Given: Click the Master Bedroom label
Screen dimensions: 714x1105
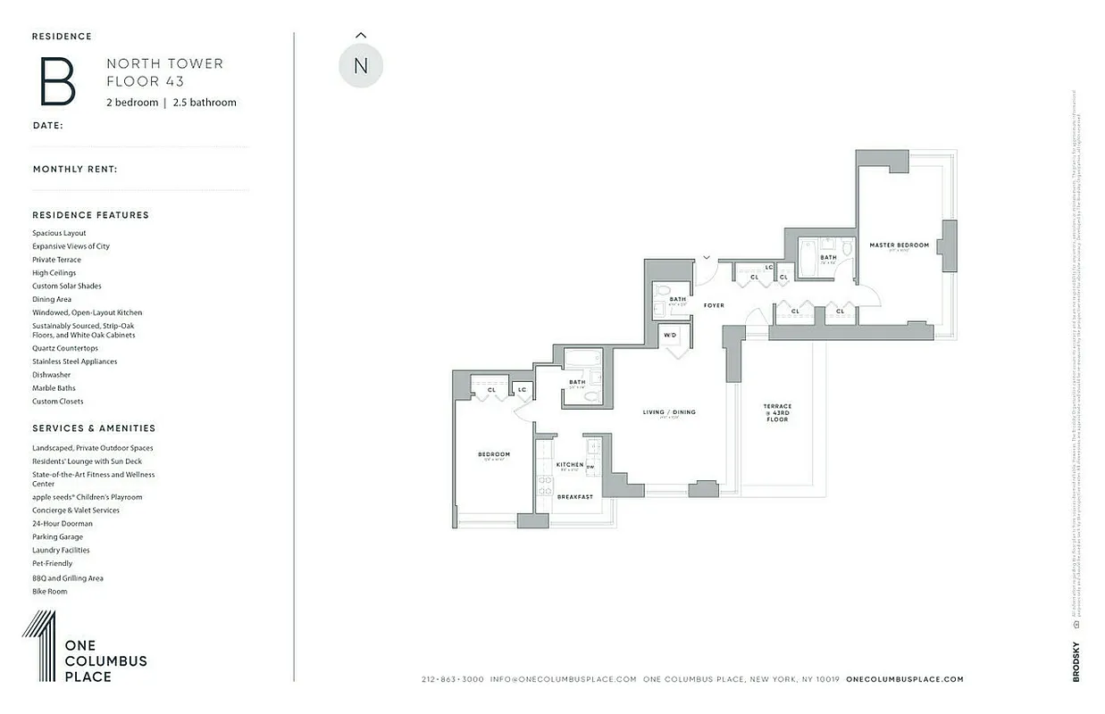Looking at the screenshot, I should pos(900,245).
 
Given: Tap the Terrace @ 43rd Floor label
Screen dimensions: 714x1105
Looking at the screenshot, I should pos(777,412).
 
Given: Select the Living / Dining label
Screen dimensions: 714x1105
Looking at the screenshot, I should pos(669,412).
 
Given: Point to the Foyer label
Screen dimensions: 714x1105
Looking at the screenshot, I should pos(714,305).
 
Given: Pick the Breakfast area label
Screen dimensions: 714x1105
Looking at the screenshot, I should pos(574,496).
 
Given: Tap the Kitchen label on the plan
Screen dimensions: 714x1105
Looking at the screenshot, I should pos(570,464).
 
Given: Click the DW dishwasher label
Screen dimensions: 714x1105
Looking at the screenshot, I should pos(590,466).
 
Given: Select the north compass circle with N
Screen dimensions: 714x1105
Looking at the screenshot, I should pos(361,66).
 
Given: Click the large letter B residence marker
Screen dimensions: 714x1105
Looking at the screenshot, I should pos(57,81).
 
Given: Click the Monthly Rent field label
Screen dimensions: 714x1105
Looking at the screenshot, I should pos(75,169).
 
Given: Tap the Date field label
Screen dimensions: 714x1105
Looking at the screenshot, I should pos(48,125).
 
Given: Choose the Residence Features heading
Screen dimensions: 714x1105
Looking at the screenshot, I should pos(91,215).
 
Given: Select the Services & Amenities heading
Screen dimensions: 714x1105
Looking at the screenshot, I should pos(94,428).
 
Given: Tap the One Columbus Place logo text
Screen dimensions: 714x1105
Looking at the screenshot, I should pos(105,660).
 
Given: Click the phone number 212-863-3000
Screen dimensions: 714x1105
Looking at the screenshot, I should pos(453,679).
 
